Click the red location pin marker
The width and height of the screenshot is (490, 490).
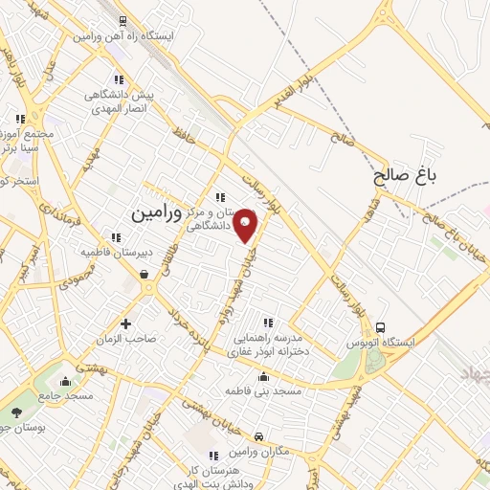tap(246, 225)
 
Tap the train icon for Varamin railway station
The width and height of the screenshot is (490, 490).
tap(122, 20)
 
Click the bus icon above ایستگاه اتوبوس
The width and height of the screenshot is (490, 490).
tap(381, 327)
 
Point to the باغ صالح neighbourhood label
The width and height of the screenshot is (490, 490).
tap(406, 177)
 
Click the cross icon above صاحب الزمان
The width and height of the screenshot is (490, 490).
tap(124, 323)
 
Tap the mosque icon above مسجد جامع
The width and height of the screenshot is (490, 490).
tap(65, 381)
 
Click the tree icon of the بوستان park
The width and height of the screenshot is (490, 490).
tap(16, 413)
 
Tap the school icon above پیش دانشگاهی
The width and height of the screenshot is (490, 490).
tap(119, 80)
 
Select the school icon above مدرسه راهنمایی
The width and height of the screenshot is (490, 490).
tap(267, 323)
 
